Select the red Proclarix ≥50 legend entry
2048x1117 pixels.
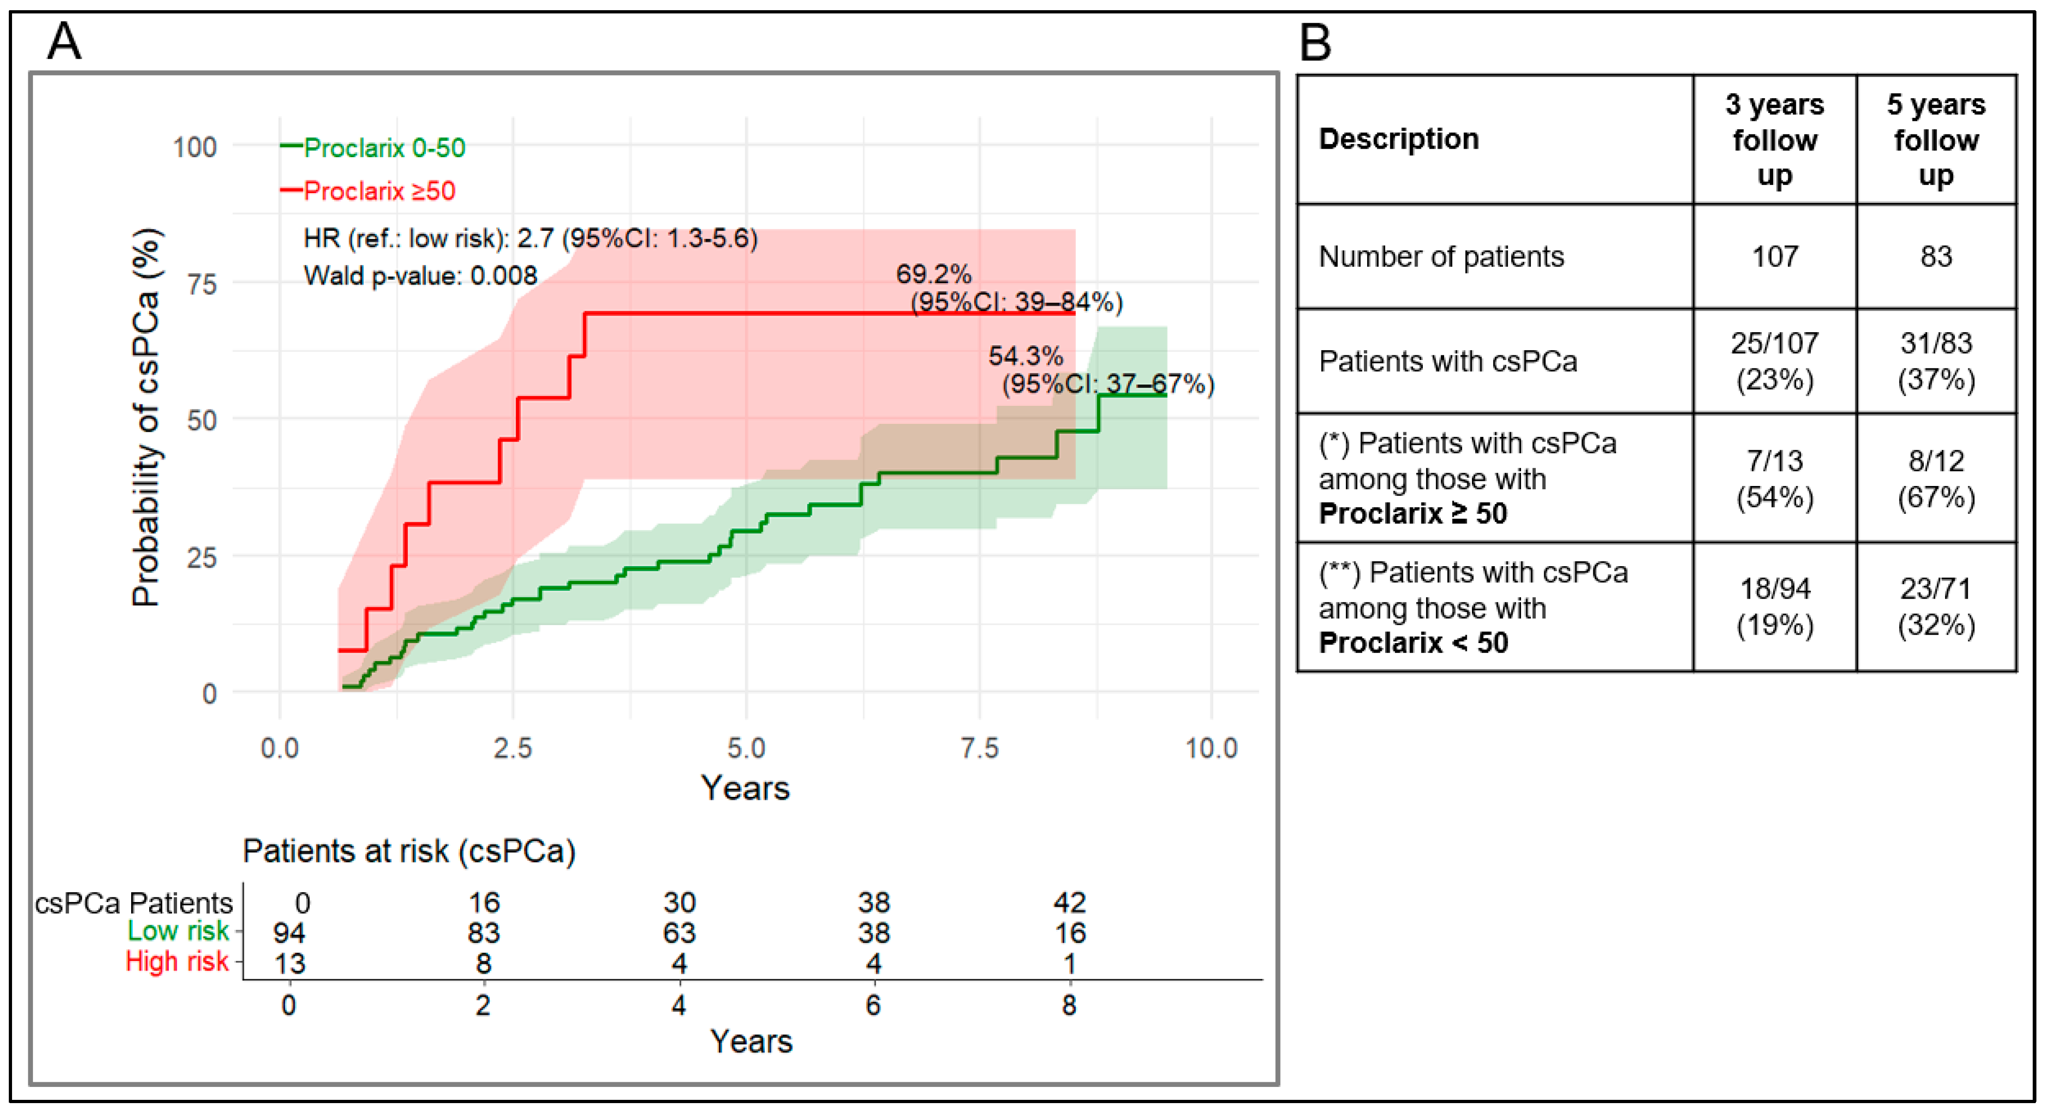tap(368, 191)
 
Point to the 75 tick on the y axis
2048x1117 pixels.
tap(202, 284)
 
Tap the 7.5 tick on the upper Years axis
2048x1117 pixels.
tap(979, 748)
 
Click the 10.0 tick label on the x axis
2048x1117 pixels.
tap(1211, 748)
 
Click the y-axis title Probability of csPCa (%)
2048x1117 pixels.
tap(146, 418)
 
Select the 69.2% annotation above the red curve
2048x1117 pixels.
tap(933, 274)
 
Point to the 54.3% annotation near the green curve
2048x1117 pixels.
tap(1026, 356)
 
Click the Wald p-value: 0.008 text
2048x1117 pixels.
tap(420, 276)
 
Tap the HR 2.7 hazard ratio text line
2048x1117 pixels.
tap(530, 239)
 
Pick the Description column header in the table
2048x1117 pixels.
tap(1398, 139)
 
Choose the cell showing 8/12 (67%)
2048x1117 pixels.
tap(1936, 479)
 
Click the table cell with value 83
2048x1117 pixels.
tap(1936, 256)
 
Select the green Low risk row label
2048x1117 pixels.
tap(178, 931)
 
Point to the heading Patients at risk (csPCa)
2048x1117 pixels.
tap(409, 852)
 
